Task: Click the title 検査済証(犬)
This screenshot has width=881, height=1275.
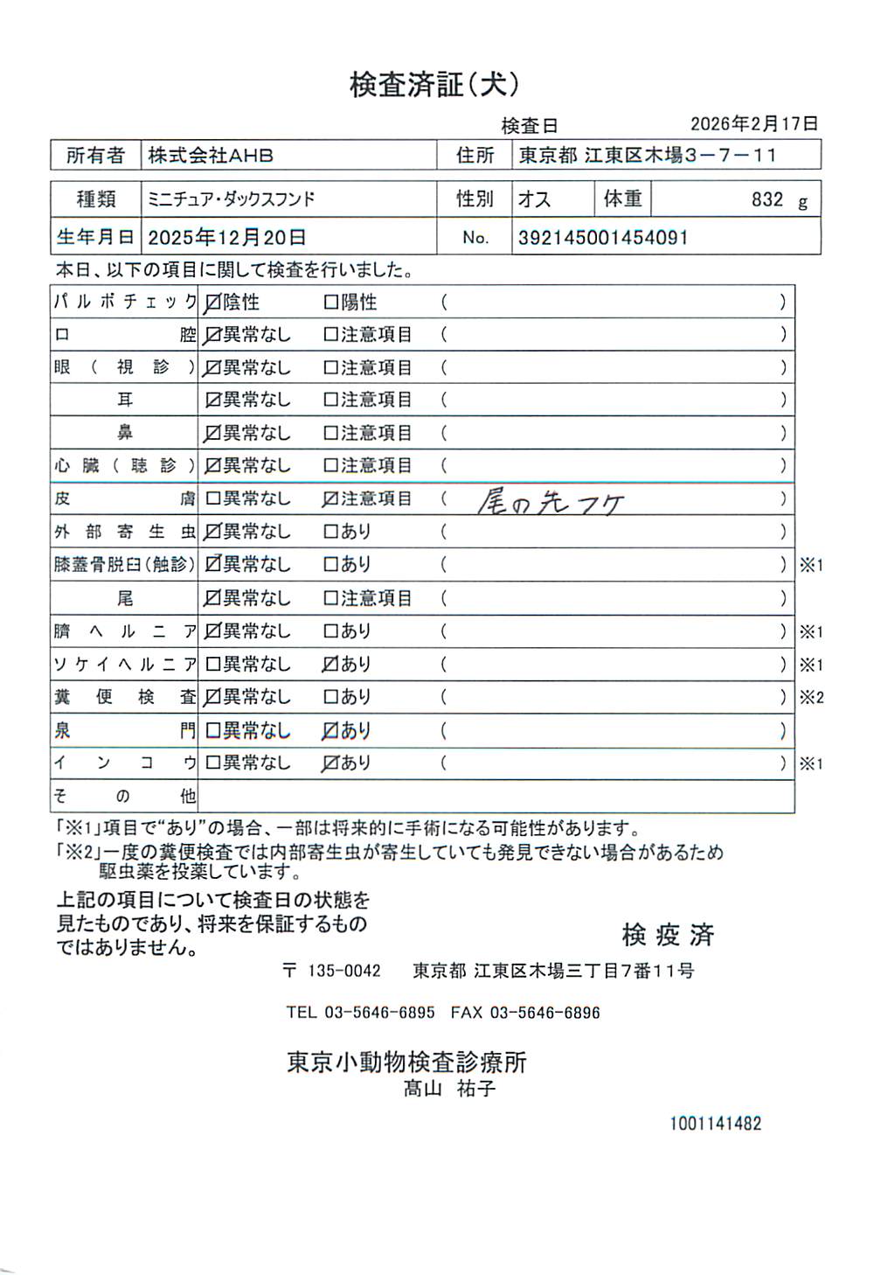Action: pos(434,85)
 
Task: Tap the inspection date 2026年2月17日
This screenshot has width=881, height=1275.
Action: pos(753,124)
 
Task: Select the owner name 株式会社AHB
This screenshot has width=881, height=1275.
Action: pos(211,156)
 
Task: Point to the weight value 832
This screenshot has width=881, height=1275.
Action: pos(767,199)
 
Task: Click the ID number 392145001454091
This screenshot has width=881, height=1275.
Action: pos(603,237)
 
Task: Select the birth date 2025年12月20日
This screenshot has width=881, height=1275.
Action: pos(227,237)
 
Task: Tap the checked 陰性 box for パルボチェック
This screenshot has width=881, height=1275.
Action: pos(212,303)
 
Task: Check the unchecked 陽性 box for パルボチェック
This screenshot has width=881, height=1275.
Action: pos(330,303)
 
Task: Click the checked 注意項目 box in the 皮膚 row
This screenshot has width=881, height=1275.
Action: pos(330,499)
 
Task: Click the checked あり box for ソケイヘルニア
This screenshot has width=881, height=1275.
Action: pos(330,665)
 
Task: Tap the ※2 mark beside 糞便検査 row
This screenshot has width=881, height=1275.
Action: pos(811,698)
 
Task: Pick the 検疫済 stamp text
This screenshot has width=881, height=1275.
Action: pos(668,935)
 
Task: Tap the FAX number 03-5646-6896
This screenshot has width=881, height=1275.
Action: pos(545,1013)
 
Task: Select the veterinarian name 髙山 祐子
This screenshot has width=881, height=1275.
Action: pos(449,1089)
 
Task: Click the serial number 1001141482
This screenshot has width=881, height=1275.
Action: pos(715,1124)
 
